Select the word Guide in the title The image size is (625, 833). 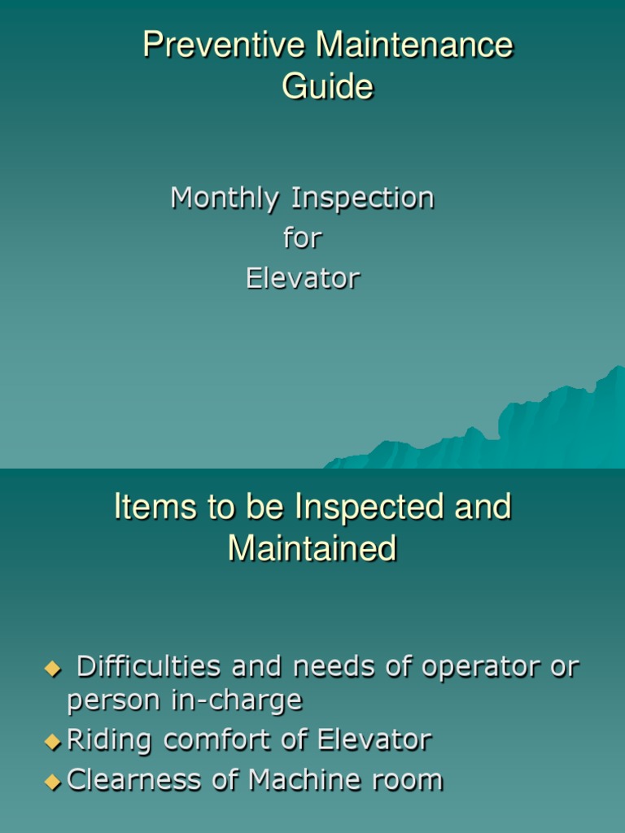327,86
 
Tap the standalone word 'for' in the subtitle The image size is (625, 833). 302,238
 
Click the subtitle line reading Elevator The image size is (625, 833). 302,278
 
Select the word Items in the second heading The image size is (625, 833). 145,507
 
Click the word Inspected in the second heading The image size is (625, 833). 368,507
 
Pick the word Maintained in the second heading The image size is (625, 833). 312,548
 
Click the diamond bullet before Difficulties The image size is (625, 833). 53,669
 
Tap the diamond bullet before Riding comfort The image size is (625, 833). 53,742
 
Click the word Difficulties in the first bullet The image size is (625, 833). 149,668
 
